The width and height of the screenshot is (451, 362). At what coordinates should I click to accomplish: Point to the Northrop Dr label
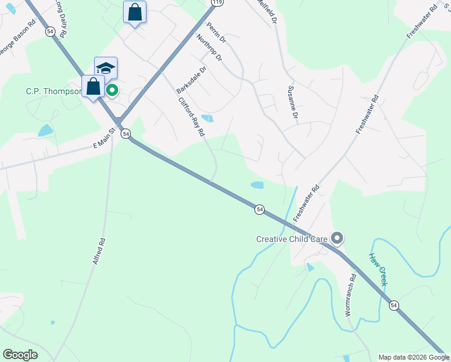tap(210, 49)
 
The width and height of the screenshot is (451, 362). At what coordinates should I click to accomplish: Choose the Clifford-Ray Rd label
tap(192, 117)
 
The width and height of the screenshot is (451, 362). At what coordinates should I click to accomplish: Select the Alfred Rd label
tap(99, 251)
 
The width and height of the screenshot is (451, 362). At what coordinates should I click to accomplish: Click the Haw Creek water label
tap(378, 268)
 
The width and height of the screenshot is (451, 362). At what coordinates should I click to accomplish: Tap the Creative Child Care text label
tap(292, 239)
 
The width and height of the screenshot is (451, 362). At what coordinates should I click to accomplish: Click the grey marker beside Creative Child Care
tap(337, 239)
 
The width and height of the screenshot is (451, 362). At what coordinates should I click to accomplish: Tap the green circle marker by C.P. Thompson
tap(112, 91)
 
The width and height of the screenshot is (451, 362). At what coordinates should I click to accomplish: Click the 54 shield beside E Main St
tap(125, 134)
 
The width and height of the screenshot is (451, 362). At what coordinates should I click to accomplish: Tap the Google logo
tap(20, 355)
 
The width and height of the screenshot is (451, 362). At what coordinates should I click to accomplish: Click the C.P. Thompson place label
tap(53, 92)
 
